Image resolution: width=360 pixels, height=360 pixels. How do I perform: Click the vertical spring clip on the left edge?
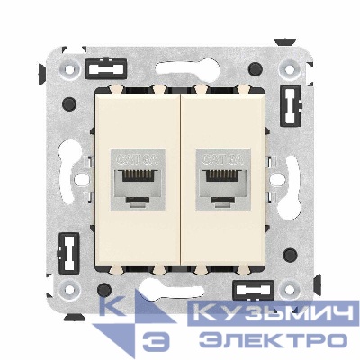click(x=67, y=251)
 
